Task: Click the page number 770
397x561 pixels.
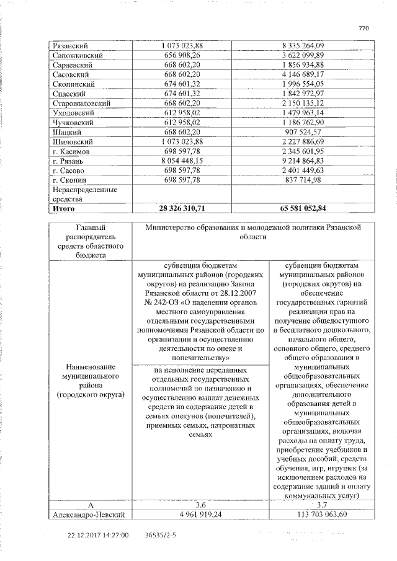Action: pos(364,29)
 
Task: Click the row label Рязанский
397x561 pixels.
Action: pos(70,46)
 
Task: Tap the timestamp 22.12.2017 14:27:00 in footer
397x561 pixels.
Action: pos(99,534)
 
